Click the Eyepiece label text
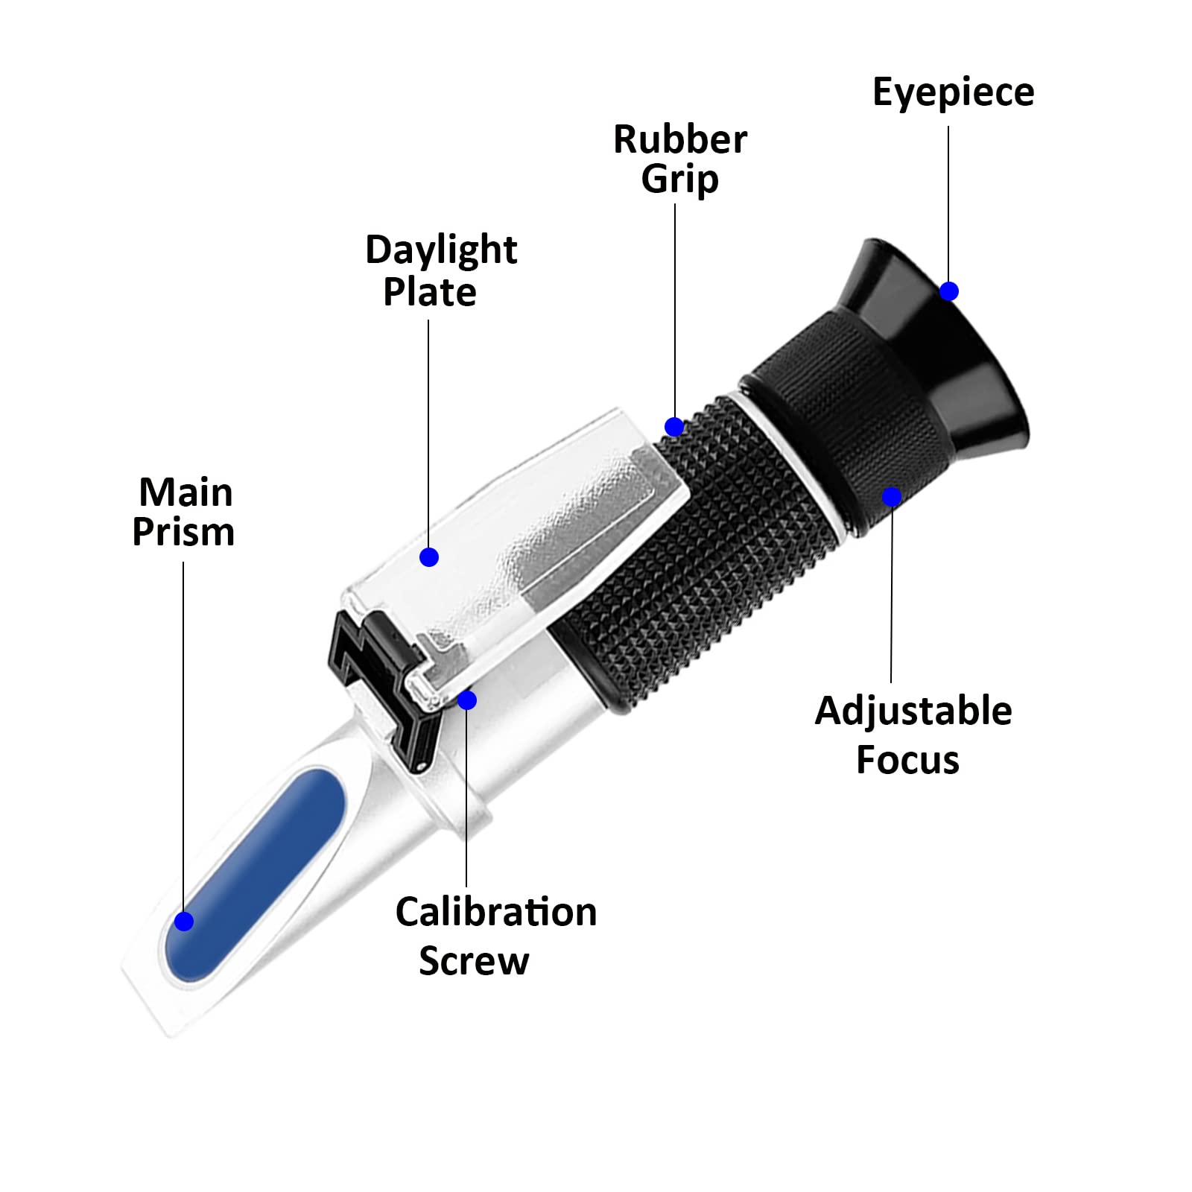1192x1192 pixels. coord(953,93)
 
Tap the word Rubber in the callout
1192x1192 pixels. coord(679,139)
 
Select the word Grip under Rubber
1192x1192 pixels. coord(679,180)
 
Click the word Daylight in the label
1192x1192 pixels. coord(440,250)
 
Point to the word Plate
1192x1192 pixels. coord(429,291)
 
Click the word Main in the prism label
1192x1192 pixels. coord(186,492)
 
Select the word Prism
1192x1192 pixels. coord(183,532)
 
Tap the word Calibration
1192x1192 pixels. coord(495,912)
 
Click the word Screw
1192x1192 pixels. coord(474,960)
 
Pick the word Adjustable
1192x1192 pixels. coord(913,711)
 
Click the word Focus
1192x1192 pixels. coord(907,760)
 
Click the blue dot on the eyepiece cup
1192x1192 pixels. coord(948,291)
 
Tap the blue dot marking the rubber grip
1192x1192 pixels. coord(674,427)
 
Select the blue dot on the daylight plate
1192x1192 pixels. coord(429,557)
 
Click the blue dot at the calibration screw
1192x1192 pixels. coord(467,700)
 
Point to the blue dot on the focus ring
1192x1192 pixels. coord(892,496)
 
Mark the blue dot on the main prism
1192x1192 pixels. coord(184,922)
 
